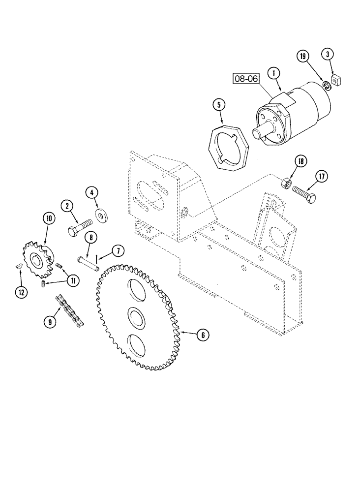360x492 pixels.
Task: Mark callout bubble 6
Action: pyautogui.click(x=201, y=335)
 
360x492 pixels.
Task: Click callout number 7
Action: pyautogui.click(x=118, y=251)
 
